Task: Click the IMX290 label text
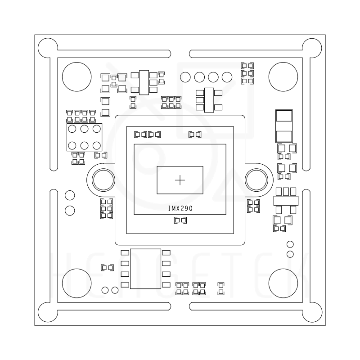tap(180, 208)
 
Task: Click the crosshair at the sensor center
tap(180, 180)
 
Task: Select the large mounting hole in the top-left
tap(76, 76)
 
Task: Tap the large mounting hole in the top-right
tap(283, 76)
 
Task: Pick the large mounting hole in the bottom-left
tap(76, 283)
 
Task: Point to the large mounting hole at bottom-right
tap(283, 283)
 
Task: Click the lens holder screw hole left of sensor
tap(103, 180)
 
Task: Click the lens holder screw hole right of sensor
tap(256, 180)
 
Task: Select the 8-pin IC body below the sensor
tap(145, 269)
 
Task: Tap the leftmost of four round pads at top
tap(185, 77)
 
